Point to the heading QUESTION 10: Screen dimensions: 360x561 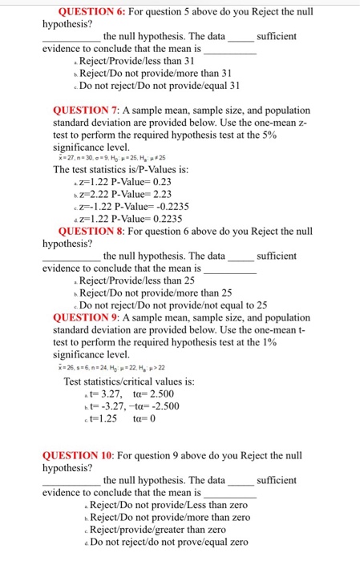(x=91, y=455)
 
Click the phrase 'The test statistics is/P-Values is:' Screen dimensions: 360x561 (x=120, y=169)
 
